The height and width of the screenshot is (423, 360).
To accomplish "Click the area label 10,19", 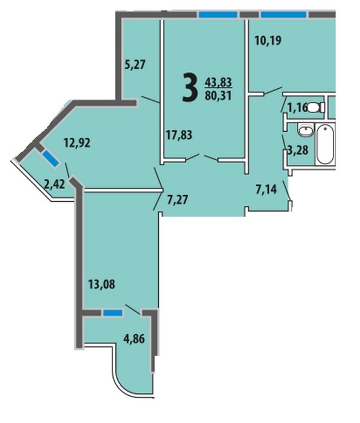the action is [268, 40].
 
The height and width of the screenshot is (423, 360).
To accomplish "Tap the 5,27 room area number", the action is [135, 65].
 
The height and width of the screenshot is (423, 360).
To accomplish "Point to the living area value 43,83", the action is [219, 82].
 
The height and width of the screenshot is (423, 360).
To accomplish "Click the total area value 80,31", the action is [219, 95].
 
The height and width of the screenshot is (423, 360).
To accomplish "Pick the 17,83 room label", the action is [179, 135].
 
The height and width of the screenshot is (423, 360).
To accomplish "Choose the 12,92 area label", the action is [77, 143].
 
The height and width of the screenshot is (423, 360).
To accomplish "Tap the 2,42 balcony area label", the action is [54, 184].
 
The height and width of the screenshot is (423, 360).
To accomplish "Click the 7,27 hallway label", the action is [178, 200].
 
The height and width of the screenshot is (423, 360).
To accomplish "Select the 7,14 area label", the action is [266, 189].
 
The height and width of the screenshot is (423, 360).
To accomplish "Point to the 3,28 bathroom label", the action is [298, 150].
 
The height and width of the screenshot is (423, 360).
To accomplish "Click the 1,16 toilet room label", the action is [297, 108].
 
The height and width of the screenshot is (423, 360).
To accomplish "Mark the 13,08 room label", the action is [101, 284].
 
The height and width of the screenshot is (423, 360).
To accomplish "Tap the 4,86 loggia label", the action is [134, 338].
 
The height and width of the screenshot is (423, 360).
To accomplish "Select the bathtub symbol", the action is [325, 144].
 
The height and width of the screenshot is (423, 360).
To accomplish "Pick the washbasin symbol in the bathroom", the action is [306, 130].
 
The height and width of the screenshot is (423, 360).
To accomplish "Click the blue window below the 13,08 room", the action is [113, 312].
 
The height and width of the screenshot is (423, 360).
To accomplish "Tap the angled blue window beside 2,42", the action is [50, 158].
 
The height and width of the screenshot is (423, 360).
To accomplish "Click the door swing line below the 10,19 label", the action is [273, 91].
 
